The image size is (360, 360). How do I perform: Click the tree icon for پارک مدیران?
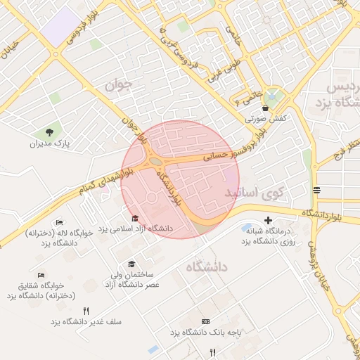coord(49,131)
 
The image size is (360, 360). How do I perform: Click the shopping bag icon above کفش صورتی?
coord(265,108)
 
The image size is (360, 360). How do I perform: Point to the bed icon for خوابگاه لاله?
coord(59,222)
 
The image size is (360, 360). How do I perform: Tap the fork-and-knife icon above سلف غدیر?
coord(86,310)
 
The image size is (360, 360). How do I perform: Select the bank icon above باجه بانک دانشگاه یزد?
coord(205,321)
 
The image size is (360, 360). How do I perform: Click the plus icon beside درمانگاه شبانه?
coord(267,221)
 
